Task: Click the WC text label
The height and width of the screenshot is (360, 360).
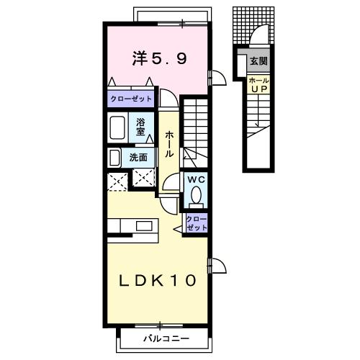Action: (x=195, y=180)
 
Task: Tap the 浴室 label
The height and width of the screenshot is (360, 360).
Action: (x=142, y=127)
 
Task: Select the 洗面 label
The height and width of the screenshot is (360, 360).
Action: (x=138, y=158)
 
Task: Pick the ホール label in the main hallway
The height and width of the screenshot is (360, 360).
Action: (x=169, y=144)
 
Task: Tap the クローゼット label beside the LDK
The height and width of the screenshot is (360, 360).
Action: (x=196, y=223)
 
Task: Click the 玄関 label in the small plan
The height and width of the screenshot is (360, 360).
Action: (x=257, y=62)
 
